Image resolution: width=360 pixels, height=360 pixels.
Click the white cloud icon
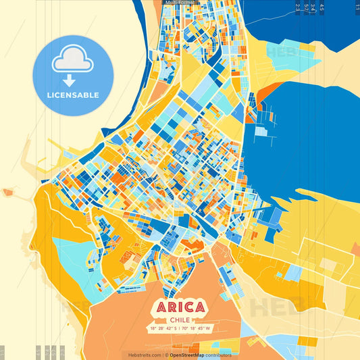(72, 59)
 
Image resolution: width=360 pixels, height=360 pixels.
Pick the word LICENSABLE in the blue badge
(73, 95)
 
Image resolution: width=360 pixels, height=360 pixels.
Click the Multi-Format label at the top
(179, 3)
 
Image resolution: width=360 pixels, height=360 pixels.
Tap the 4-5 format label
(322, 8)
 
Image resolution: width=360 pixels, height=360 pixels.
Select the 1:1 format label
(357, 7)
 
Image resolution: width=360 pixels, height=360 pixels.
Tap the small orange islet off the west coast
(7, 192)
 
